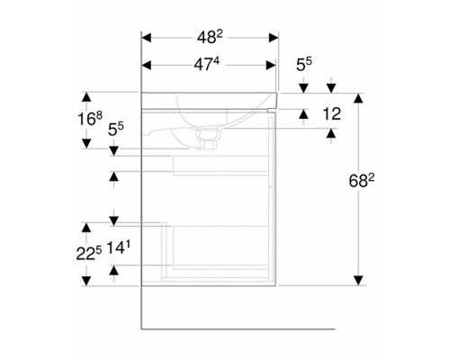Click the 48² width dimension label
point(210,37)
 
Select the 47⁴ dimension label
point(206,64)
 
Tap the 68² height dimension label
point(362,181)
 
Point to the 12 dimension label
point(332,114)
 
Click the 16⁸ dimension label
point(90,119)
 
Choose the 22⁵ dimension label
point(89,254)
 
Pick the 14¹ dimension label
point(119,247)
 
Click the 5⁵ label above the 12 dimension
point(304,64)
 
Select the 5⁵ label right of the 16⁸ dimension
point(116,130)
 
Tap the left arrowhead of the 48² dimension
point(146,38)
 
